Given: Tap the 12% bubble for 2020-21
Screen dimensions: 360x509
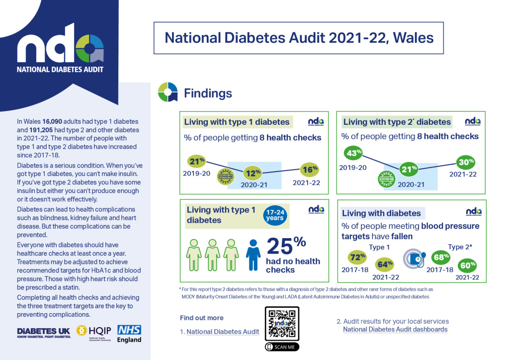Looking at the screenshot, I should pyautogui.click(x=253, y=174).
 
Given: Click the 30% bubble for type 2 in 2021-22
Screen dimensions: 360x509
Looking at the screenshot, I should pyautogui.click(x=466, y=162).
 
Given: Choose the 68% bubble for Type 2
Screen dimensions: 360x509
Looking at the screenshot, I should pyautogui.click(x=441, y=257).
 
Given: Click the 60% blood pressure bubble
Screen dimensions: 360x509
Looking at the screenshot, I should pyautogui.click(x=468, y=265).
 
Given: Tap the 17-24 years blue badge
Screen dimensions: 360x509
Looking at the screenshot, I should pyautogui.click(x=274, y=215).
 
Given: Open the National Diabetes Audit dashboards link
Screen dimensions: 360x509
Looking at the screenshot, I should pyautogui.click(x=395, y=330).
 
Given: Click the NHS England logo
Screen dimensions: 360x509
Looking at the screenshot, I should pyautogui.click(x=129, y=334).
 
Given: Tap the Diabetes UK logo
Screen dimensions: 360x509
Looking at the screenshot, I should pyautogui.click(x=44, y=332).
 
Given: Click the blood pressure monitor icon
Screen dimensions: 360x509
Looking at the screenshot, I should pyautogui.click(x=414, y=259).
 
